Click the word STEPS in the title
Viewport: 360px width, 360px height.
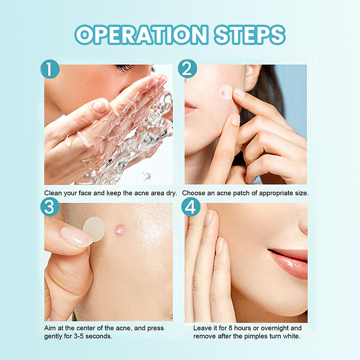pos(250,35)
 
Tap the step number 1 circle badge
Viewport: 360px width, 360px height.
pos(50,69)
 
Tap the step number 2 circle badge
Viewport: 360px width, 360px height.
pos(187,69)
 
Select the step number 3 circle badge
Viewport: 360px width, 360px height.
pos(50,207)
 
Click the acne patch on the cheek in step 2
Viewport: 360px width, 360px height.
pos(226,93)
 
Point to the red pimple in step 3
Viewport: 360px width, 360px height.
pos(120,230)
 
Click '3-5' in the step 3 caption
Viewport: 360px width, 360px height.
pos(79,336)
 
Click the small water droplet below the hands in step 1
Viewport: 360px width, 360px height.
pos(147,176)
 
